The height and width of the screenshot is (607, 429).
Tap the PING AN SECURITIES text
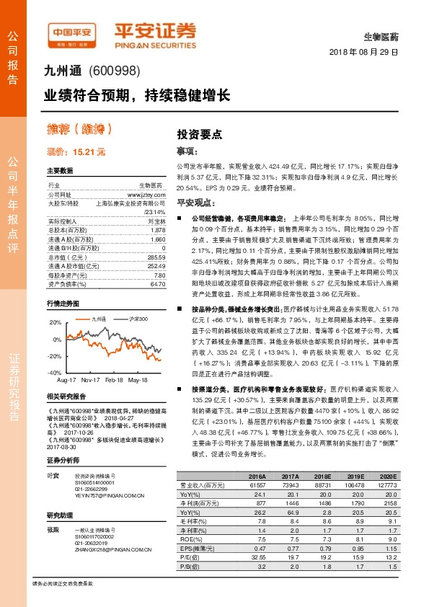(155, 43)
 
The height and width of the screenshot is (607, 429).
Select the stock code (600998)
(114, 72)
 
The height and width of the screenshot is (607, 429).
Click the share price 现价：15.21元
(76, 152)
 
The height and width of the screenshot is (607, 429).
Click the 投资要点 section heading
(199, 134)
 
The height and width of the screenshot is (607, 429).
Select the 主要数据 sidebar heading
(60, 171)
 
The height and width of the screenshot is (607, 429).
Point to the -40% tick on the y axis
(55, 372)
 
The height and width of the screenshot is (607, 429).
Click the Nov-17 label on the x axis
(91, 378)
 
